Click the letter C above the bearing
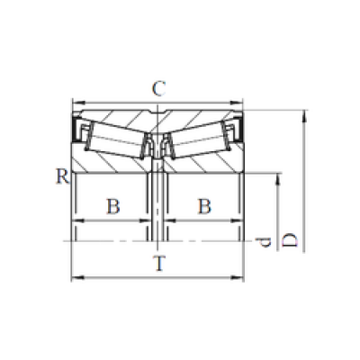(x=158, y=89)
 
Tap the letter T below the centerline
(x=159, y=263)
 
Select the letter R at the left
(x=63, y=176)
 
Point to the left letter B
(x=113, y=206)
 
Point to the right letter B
(x=205, y=206)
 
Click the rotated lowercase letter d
(x=263, y=242)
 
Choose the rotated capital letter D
(x=290, y=240)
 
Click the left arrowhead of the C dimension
(x=77, y=103)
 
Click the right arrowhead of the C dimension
(x=237, y=103)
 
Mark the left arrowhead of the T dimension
(x=76, y=278)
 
